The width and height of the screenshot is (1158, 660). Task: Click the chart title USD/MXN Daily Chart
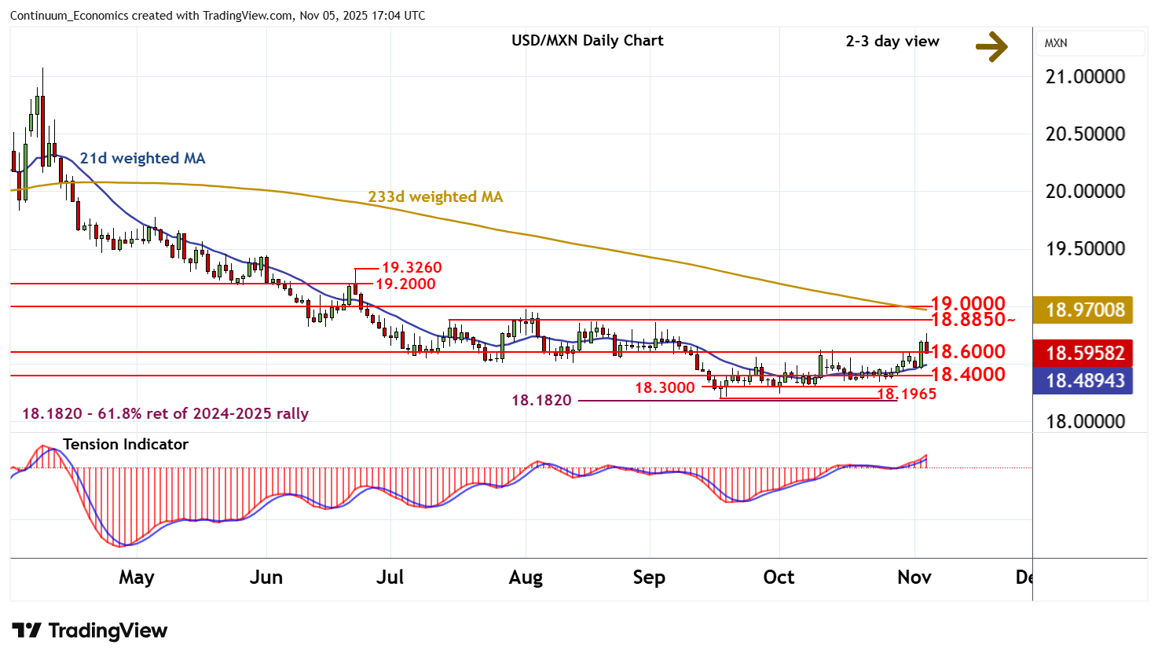587,41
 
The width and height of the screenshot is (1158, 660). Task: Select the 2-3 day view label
892,42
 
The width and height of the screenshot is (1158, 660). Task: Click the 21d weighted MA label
142,159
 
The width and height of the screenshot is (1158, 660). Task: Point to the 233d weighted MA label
435,197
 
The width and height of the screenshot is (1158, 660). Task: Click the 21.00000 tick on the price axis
1085,77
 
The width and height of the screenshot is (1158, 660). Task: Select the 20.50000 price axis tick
1085,134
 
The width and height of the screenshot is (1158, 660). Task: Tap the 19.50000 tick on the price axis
1085,249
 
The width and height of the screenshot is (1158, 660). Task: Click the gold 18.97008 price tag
1084,310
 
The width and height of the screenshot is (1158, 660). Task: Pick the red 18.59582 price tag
1084,354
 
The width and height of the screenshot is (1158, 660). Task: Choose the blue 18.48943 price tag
1084,381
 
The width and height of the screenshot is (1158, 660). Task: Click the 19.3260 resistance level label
412,269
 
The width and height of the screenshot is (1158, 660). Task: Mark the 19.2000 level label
405,284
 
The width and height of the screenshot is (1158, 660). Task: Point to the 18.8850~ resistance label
973,320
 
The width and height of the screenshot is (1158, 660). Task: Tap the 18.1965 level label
907,394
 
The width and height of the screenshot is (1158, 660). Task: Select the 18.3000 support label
665,388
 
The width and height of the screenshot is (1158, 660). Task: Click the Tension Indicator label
126,445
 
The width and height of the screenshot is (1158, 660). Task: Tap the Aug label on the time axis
526,577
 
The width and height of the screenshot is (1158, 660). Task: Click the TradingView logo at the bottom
90,631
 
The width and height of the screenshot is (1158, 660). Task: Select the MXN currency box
1090,43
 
